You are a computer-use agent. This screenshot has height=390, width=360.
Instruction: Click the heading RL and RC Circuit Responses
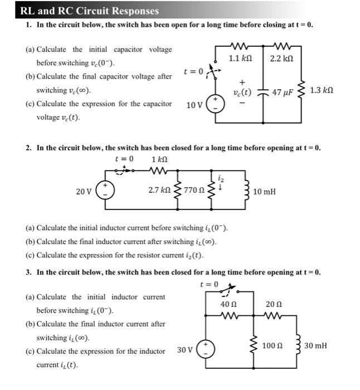pyautogui.click(x=89, y=11)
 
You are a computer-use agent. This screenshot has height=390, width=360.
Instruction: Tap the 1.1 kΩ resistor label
pyautogui.click(x=242, y=57)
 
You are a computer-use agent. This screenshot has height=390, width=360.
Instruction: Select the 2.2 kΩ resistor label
pyautogui.click(x=281, y=57)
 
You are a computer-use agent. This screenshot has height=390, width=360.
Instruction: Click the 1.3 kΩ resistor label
pyautogui.click(x=322, y=90)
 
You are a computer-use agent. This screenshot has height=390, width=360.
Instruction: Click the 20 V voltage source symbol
pyautogui.click(x=106, y=191)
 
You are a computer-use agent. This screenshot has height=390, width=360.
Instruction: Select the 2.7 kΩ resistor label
pyautogui.click(x=159, y=191)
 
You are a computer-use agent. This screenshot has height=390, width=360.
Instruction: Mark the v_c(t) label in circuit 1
pyautogui.click(x=242, y=93)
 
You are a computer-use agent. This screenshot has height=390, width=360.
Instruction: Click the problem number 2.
pyautogui.click(x=28, y=148)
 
